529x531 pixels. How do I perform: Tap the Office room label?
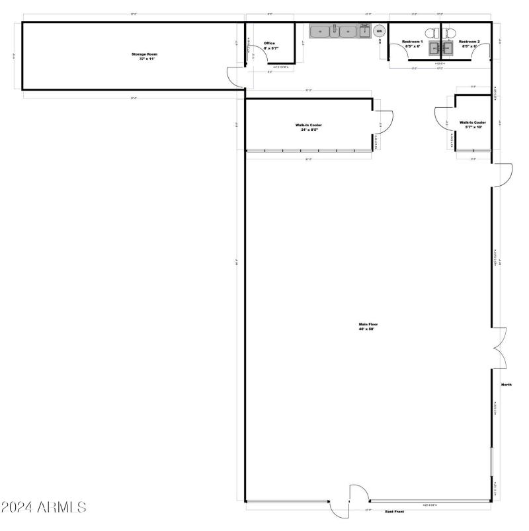pos(269,46)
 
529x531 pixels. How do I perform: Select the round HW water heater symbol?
pos(380,31)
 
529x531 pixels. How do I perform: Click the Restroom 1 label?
pos(413,44)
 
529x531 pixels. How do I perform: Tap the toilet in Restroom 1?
pos(430,32)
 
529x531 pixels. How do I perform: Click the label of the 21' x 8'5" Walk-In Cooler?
pos(309,127)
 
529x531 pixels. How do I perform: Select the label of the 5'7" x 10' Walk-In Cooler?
pos(473,124)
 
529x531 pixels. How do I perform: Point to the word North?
pos(507,384)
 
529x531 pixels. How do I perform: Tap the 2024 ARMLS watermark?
pos(44,508)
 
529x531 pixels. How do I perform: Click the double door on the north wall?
pos(499,348)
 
